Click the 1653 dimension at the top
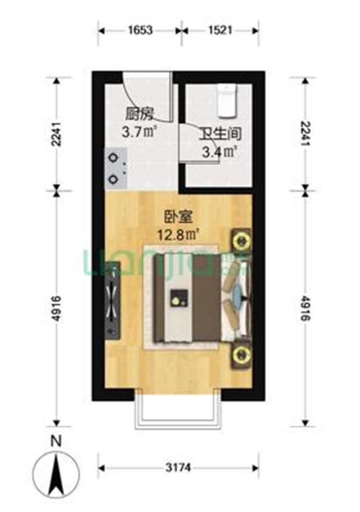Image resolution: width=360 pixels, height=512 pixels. [x=140, y=30]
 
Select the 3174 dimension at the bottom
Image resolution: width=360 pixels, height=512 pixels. [x=178, y=467]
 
